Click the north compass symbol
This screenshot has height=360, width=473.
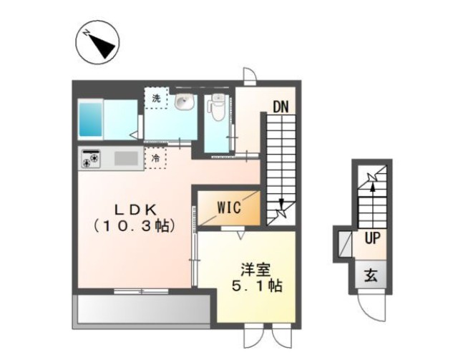click(x=97, y=44)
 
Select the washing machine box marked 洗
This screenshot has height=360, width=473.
click(x=156, y=98)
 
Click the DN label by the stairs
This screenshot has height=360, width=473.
click(x=280, y=107)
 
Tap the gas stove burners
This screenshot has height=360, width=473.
click(x=91, y=159)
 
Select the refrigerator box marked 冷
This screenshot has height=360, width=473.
click(x=155, y=158)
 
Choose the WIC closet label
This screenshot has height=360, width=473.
click(x=230, y=208)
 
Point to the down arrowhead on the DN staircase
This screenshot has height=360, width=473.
click(x=282, y=203)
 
